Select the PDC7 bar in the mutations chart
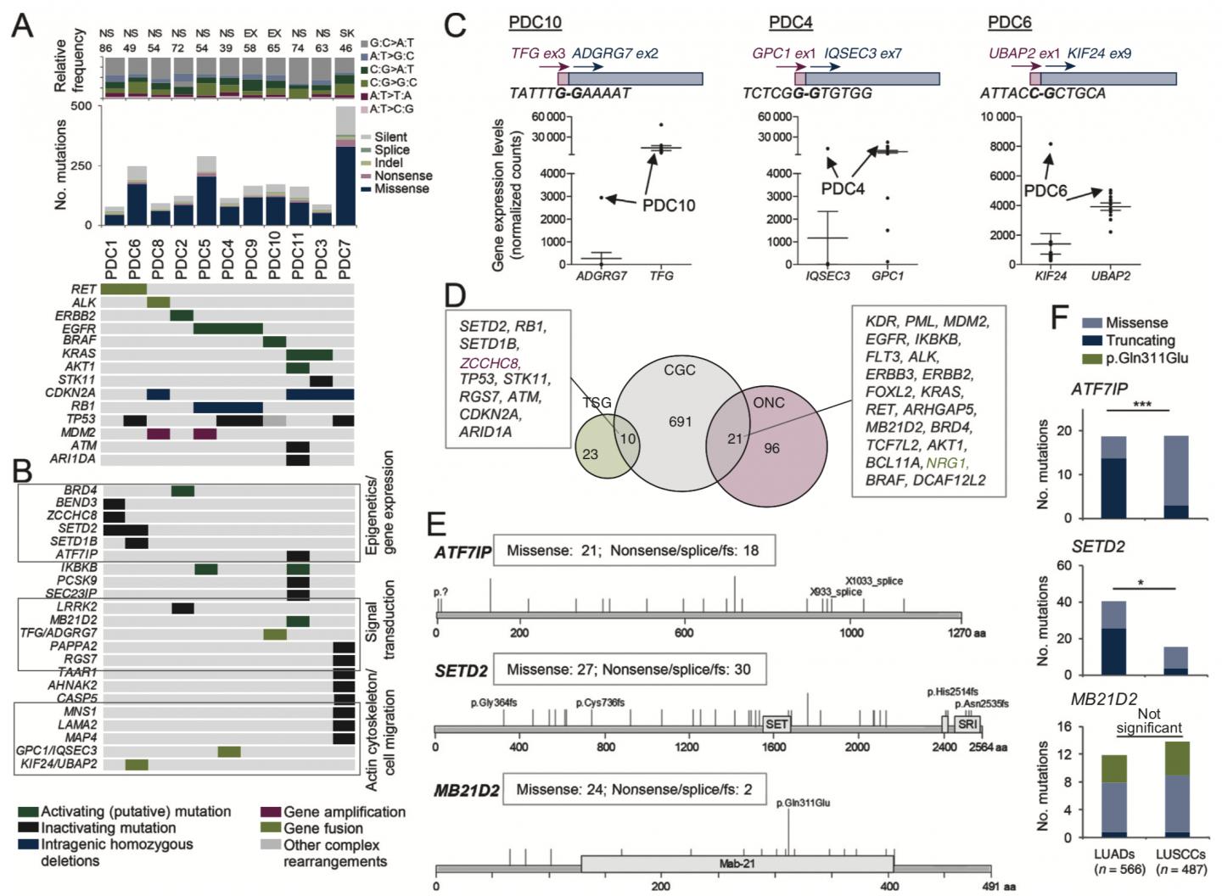(x=344, y=170)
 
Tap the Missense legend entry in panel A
(x=401, y=188)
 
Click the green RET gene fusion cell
(x=123, y=289)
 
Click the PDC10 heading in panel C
(x=535, y=22)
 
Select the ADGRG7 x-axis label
(x=602, y=276)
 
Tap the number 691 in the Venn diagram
(x=680, y=421)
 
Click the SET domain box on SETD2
(x=776, y=724)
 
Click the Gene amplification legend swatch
(x=271, y=812)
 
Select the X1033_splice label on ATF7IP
(x=873, y=581)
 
